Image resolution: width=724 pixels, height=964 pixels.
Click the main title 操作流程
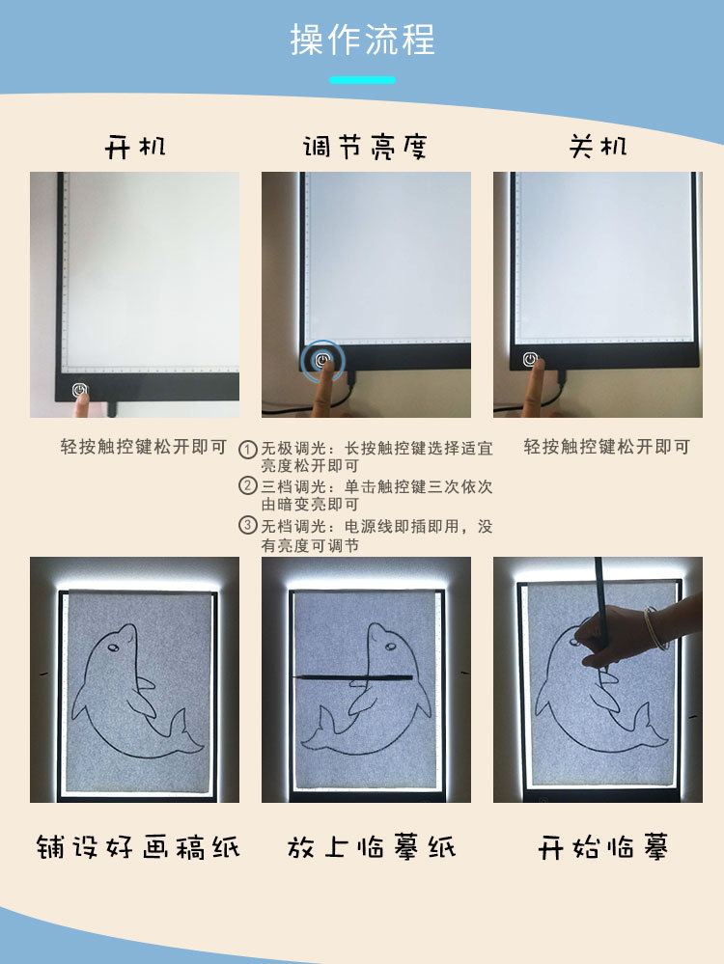pyautogui.click(x=362, y=41)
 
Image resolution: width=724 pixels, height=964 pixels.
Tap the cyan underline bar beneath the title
pyautogui.click(x=362, y=80)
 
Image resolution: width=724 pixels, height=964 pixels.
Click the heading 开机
pyautogui.click(x=135, y=147)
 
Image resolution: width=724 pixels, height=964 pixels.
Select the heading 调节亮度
pyautogui.click(x=364, y=147)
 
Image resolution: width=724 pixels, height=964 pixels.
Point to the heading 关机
pyautogui.click(x=598, y=147)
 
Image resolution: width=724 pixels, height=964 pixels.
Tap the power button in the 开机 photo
pyautogui.click(x=79, y=390)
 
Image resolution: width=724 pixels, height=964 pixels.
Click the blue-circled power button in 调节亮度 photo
pyautogui.click(x=324, y=361)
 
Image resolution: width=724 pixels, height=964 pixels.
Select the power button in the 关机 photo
pyautogui.click(x=530, y=359)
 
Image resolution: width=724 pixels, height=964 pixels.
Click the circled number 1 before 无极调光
pyautogui.click(x=248, y=450)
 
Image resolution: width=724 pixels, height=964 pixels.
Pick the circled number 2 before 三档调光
pyautogui.click(x=248, y=486)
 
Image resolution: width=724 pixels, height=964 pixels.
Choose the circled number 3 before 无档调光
pyautogui.click(x=248, y=526)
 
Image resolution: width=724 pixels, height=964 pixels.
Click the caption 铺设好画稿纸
pyautogui.click(x=137, y=847)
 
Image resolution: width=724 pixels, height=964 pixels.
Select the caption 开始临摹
pyautogui.click(x=603, y=848)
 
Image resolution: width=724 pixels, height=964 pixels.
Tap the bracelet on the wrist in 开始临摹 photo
pyautogui.click(x=655, y=628)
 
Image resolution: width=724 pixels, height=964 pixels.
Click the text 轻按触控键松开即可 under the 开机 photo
pyautogui.click(x=144, y=447)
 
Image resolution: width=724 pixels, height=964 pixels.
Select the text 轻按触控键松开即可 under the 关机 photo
pyautogui.click(x=607, y=447)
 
